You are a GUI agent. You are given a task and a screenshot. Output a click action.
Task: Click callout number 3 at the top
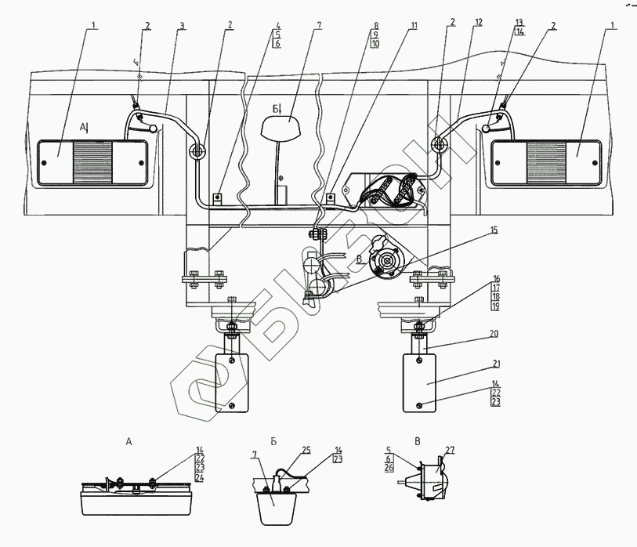pyautogui.click(x=182, y=26)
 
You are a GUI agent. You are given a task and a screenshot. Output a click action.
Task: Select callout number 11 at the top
pyautogui.click(x=414, y=26)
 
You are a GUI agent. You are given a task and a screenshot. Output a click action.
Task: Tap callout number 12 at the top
pyautogui.click(x=478, y=23)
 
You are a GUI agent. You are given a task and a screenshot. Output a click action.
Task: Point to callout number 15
pyautogui.click(x=494, y=230)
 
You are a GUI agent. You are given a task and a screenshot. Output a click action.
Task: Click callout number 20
pyautogui.click(x=494, y=334)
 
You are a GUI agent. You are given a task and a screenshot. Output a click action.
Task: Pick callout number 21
pyautogui.click(x=496, y=364)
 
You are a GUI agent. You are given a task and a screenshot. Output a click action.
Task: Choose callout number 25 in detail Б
pyautogui.click(x=306, y=451)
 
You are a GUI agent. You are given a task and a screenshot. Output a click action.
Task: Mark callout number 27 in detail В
pyautogui.click(x=450, y=451)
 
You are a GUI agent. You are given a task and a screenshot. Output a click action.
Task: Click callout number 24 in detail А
pyautogui.click(x=200, y=477)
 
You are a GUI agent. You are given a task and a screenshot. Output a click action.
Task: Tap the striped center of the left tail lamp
pyautogui.click(x=92, y=162)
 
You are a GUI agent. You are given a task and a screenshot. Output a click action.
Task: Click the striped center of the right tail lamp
pyautogui.click(x=546, y=162)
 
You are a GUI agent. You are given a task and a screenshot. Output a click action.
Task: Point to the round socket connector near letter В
pyautogui.click(x=384, y=261)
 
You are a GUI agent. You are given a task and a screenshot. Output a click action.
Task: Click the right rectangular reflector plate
pyautogui.click(x=419, y=382)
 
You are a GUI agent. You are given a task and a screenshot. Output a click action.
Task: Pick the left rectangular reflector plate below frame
pyautogui.click(x=232, y=382)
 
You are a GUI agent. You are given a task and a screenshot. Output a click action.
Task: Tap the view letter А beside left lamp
pyautogui.click(x=83, y=128)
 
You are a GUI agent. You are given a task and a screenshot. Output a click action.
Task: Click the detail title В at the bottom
pyautogui.click(x=418, y=441)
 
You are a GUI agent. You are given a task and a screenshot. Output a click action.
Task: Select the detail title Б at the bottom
pyautogui.click(x=273, y=441)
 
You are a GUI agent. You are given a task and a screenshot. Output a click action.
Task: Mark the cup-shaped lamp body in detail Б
pyautogui.click(x=276, y=509)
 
